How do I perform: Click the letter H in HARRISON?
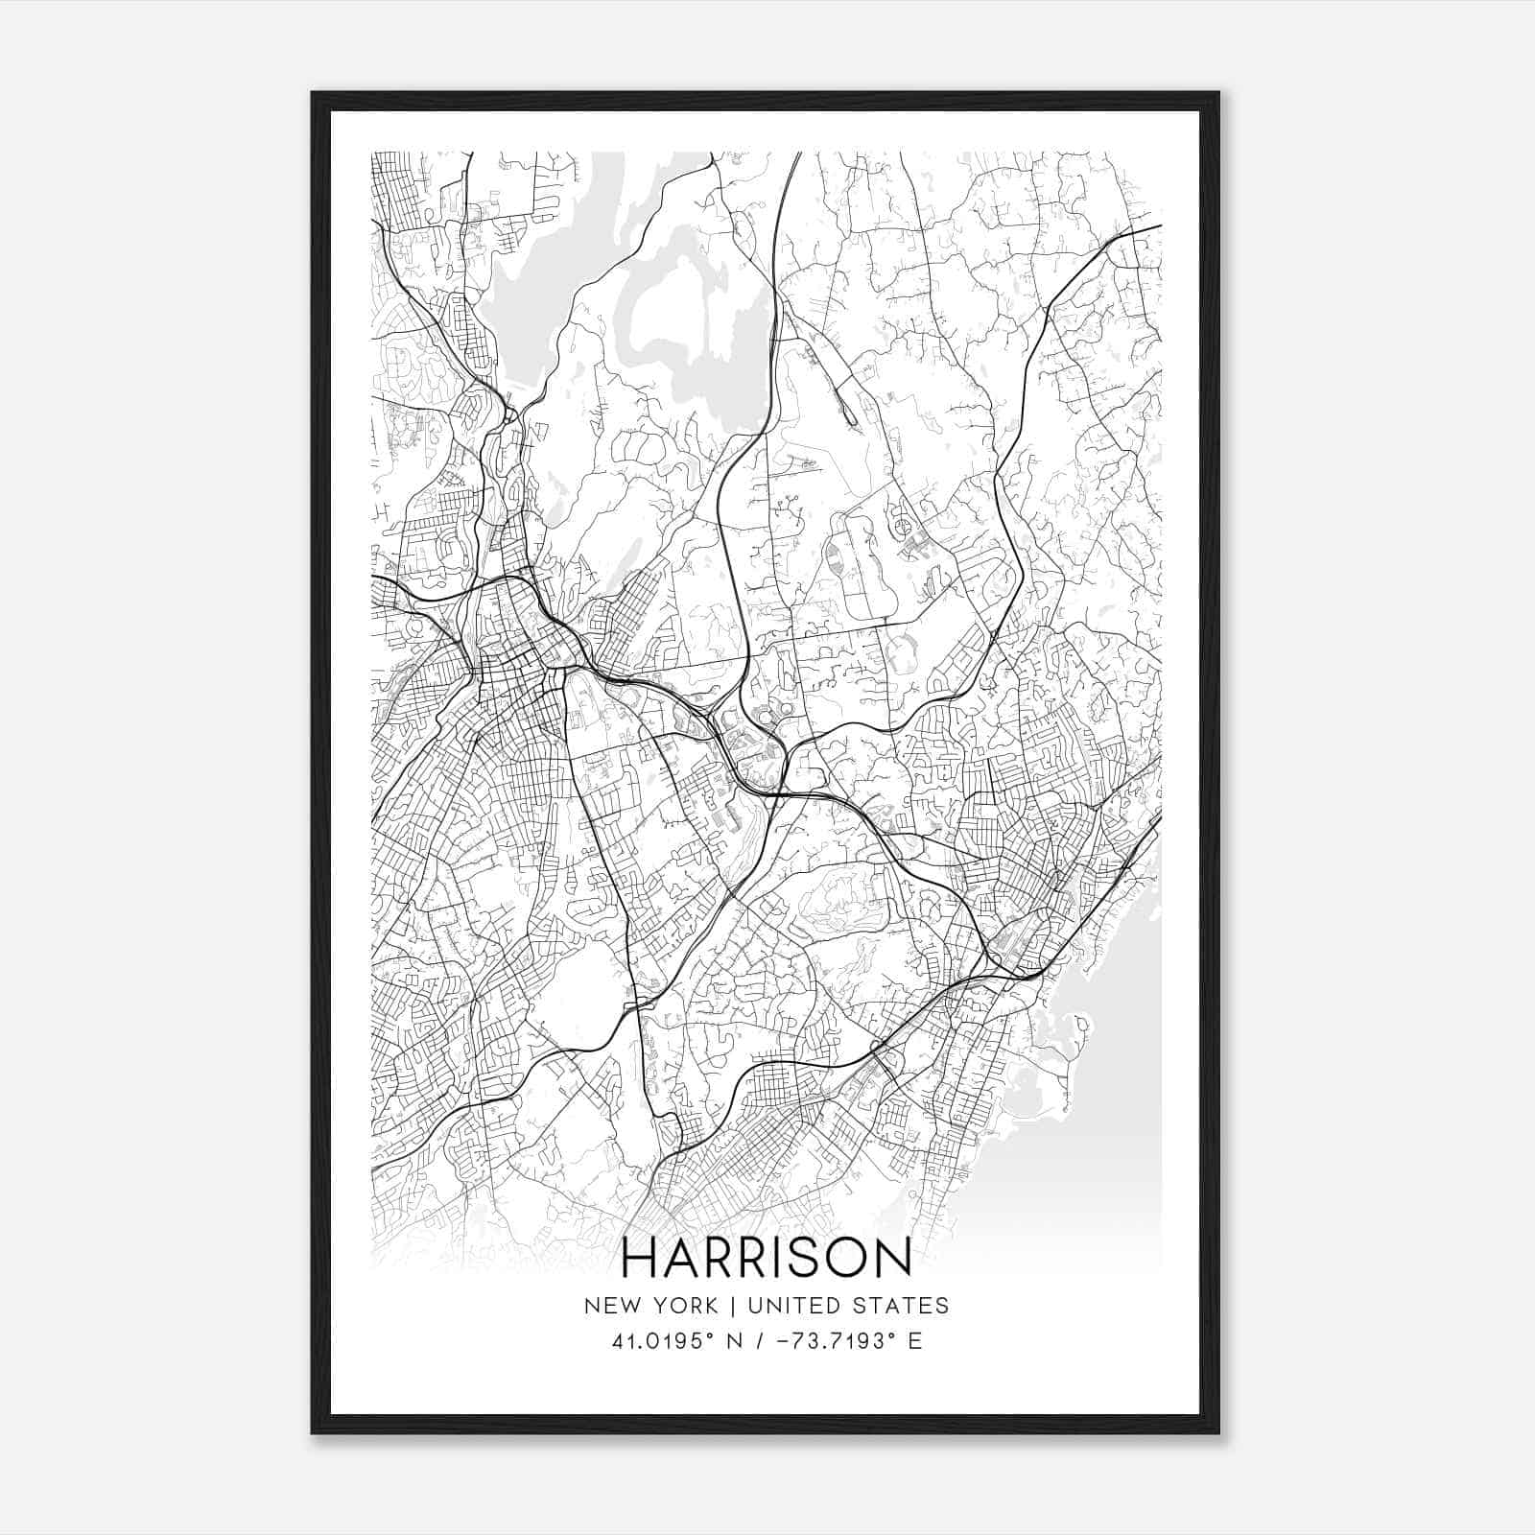pyautogui.click(x=641, y=1258)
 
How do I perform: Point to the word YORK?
pyautogui.click(x=683, y=1306)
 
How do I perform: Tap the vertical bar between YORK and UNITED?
pyautogui.click(x=732, y=1306)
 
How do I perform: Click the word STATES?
pyautogui.click(x=903, y=1306)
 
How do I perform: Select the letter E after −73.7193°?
pyautogui.click(x=914, y=1341)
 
